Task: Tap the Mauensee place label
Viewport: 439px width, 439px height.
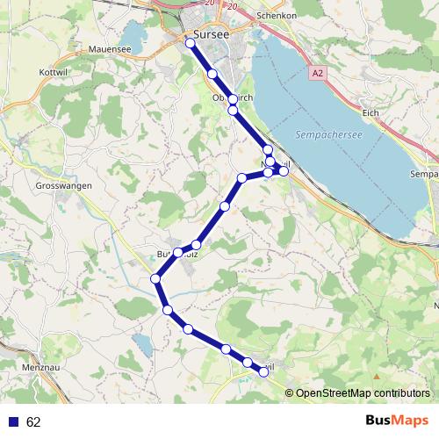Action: [x=110, y=51]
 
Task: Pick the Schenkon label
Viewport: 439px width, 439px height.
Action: [x=274, y=16]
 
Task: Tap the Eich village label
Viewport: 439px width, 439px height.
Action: [x=371, y=112]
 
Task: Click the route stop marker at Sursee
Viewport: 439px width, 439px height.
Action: [x=191, y=41]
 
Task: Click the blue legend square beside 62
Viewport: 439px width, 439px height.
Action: [x=13, y=422]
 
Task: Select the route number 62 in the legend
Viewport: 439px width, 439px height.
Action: [x=33, y=422]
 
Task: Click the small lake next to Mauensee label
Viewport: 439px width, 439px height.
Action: [x=136, y=37]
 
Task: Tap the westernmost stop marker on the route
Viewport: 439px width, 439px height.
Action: [x=155, y=279]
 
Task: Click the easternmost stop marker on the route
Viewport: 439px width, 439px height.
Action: [x=284, y=170]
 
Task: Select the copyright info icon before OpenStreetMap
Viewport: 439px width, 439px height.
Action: [x=289, y=392]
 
